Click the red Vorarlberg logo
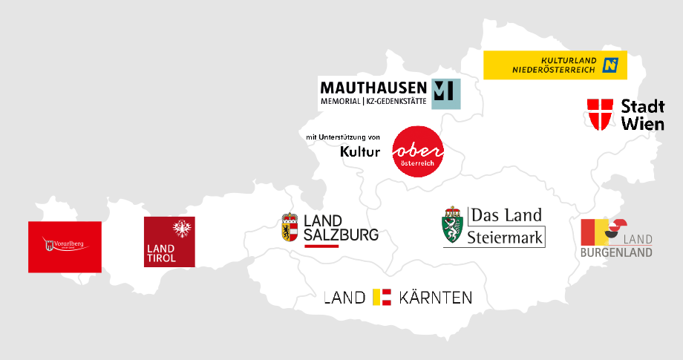tap(65, 246)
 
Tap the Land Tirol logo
tap(169, 242)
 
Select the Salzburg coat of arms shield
tap(290, 227)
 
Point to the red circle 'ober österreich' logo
tap(418, 151)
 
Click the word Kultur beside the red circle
tap(360, 151)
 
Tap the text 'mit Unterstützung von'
tap(343, 137)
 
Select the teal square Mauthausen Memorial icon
tap(446, 94)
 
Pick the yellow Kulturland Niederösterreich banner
tap(555, 65)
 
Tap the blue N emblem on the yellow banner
tap(610, 65)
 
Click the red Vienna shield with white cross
tap(600, 114)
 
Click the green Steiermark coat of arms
tap(453, 226)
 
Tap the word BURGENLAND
tap(616, 252)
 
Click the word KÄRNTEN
tap(436, 298)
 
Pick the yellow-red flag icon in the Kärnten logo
tap(382, 298)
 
